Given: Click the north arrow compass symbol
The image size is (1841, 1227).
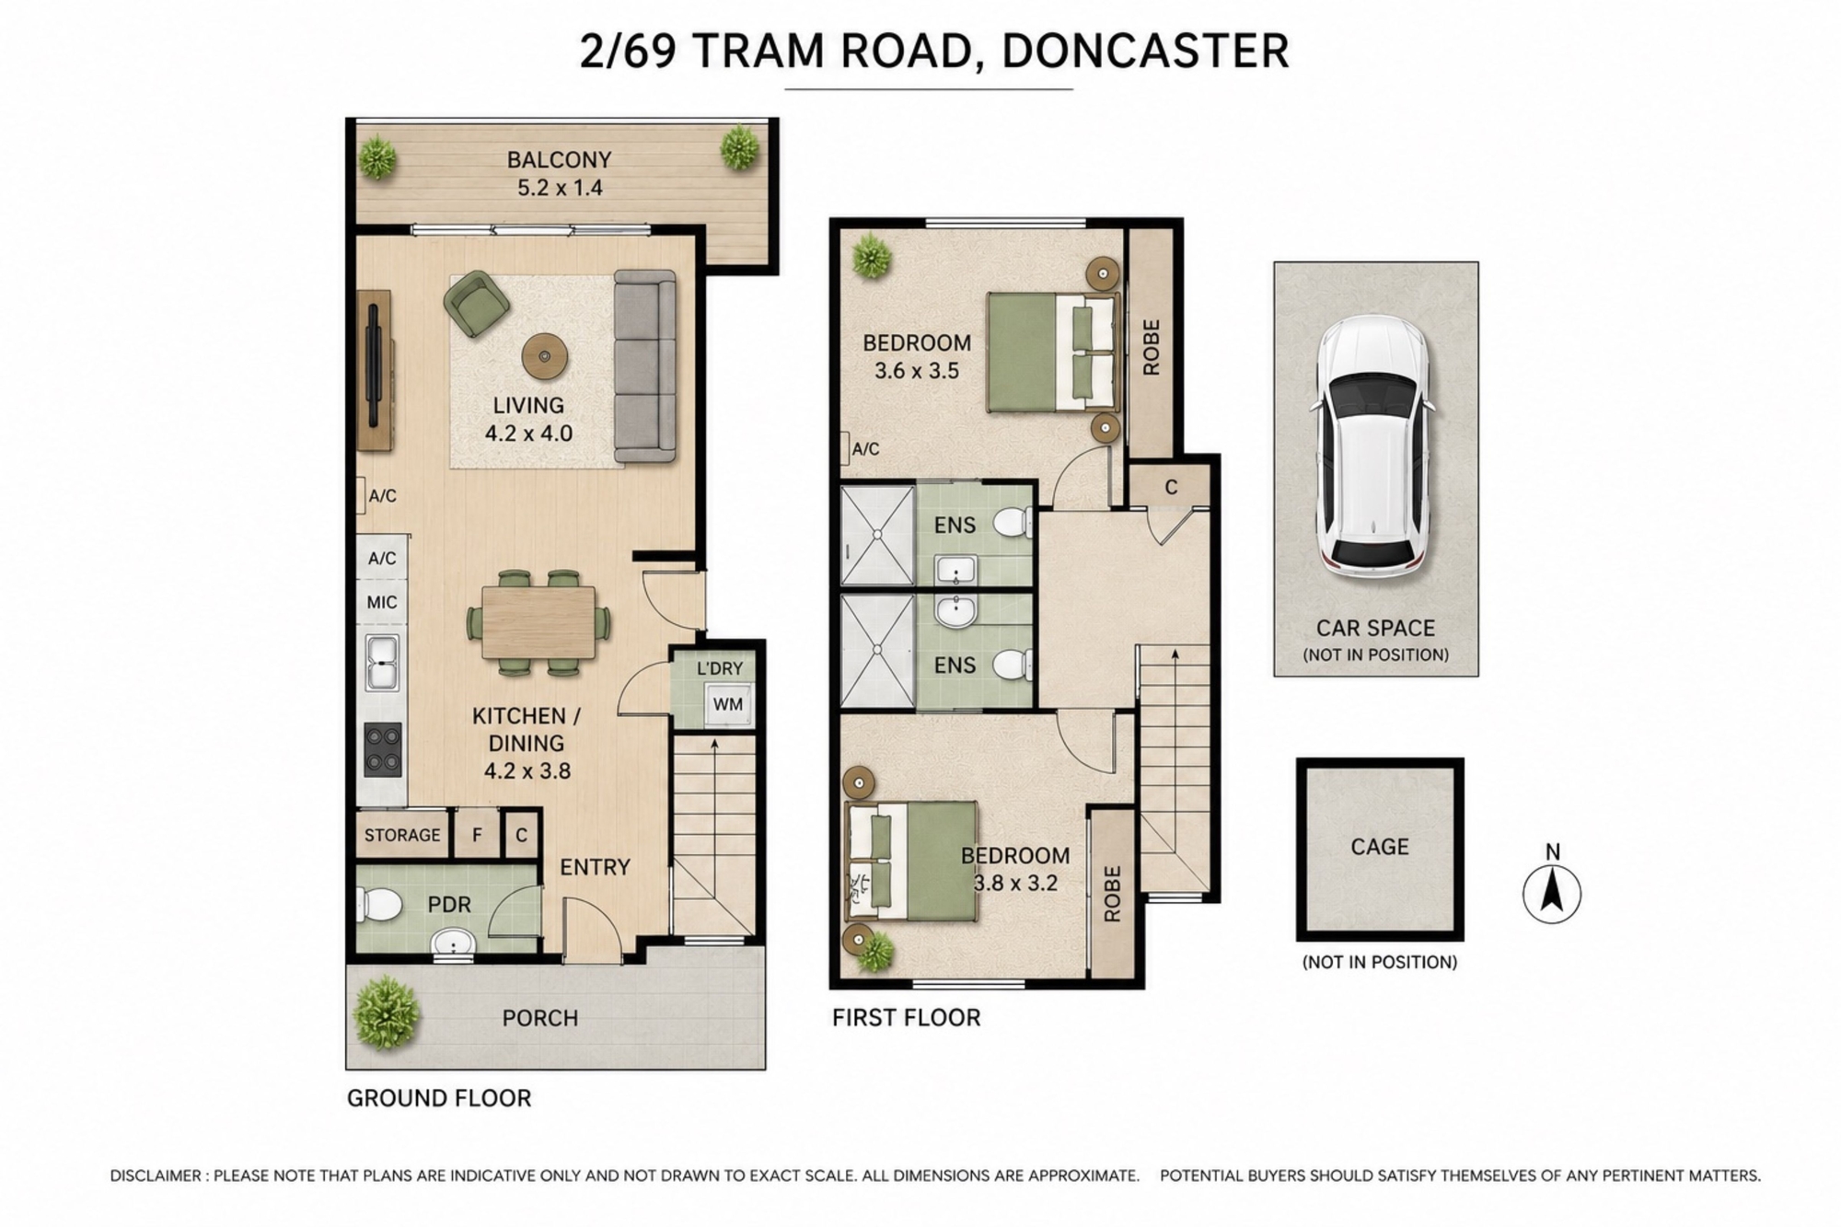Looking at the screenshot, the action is pyautogui.click(x=1552, y=894).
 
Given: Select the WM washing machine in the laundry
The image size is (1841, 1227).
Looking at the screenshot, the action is pyautogui.click(x=727, y=704).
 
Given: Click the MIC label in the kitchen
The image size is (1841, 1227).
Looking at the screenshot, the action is pyautogui.click(x=382, y=602).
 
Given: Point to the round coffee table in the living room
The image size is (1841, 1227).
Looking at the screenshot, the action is pyautogui.click(x=545, y=356).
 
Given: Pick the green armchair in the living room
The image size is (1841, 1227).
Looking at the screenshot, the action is pyautogui.click(x=477, y=303).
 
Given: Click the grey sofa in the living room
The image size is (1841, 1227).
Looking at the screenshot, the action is pyautogui.click(x=645, y=365).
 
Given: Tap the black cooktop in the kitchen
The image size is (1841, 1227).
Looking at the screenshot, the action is pyautogui.click(x=383, y=749).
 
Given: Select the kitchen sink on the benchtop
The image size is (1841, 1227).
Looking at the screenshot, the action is pyautogui.click(x=382, y=662).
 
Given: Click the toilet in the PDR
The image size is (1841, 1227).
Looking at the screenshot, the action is pyautogui.click(x=378, y=904).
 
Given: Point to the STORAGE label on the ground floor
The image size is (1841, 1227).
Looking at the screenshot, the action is pyautogui.click(x=402, y=835).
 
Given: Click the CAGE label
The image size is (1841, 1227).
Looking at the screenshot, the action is pyautogui.click(x=1379, y=847).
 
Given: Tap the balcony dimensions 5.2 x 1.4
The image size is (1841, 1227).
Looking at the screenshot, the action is pyautogui.click(x=560, y=188).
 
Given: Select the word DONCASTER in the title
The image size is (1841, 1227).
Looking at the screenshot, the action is pyautogui.click(x=1145, y=52).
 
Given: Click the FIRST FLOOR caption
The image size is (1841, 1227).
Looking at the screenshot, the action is pyautogui.click(x=907, y=1017).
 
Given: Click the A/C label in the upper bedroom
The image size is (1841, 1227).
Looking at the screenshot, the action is pyautogui.click(x=865, y=449).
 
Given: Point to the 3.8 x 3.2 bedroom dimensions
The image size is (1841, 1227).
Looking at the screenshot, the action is pyautogui.click(x=1015, y=884).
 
